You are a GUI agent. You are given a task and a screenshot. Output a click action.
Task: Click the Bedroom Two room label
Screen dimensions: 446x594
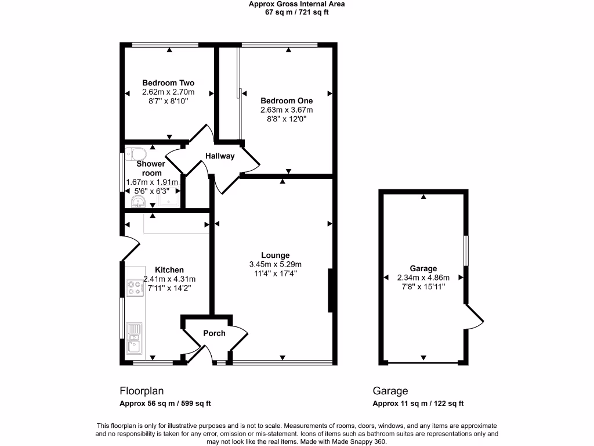pos(168,83)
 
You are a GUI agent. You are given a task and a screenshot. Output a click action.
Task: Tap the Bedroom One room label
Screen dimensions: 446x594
pos(287,100)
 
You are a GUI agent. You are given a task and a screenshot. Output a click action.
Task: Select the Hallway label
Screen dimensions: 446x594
pos(219,156)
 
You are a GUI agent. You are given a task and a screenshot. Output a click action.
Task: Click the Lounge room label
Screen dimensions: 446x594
pos(275,255)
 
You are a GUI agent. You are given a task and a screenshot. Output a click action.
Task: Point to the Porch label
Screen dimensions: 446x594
pos(214,333)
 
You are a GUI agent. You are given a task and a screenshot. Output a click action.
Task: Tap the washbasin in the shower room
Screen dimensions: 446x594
pos(138,201)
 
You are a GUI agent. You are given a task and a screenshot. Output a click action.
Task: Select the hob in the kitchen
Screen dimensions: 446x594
pos(135,288)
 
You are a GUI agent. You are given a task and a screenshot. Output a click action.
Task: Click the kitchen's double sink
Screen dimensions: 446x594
pos(134,339)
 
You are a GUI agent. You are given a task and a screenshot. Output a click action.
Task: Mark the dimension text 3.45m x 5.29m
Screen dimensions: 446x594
pos(275,264)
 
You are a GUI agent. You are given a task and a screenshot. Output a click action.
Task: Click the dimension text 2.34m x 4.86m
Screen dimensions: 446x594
pos(423,278)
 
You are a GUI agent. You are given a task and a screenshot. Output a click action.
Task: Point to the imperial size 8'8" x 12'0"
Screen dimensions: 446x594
pos(287,119)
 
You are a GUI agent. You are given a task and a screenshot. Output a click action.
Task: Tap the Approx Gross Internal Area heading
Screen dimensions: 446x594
pos(296,4)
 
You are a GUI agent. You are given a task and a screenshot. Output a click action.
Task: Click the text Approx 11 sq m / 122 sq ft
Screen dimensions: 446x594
pos(418,404)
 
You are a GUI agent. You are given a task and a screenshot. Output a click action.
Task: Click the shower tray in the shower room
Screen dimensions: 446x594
pos(168,200)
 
